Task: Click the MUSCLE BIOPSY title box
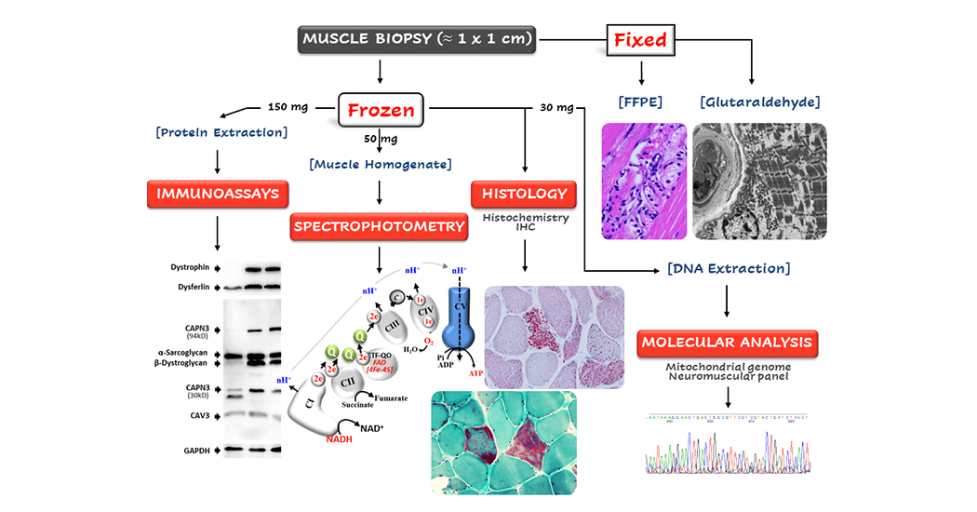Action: (418, 40)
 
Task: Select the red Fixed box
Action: (640, 39)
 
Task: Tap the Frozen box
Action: (381, 111)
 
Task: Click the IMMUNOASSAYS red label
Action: (217, 194)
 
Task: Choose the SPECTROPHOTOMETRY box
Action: (379, 225)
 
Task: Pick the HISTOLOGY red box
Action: (523, 195)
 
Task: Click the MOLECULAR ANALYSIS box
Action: (727, 343)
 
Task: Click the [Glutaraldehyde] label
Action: (759, 101)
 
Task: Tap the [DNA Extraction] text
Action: (728, 268)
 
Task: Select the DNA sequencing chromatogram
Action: (727, 442)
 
